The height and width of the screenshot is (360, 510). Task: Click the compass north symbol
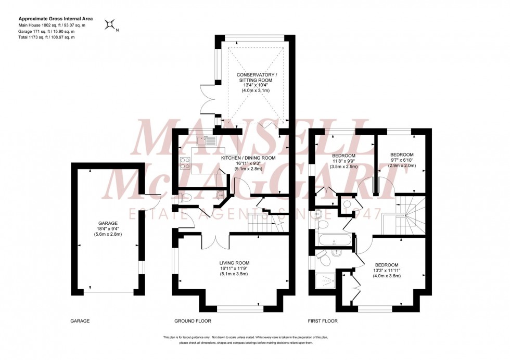[x=110, y=24]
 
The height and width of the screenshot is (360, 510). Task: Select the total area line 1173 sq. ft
[x=47, y=37]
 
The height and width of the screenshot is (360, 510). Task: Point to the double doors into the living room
[x=215, y=240]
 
